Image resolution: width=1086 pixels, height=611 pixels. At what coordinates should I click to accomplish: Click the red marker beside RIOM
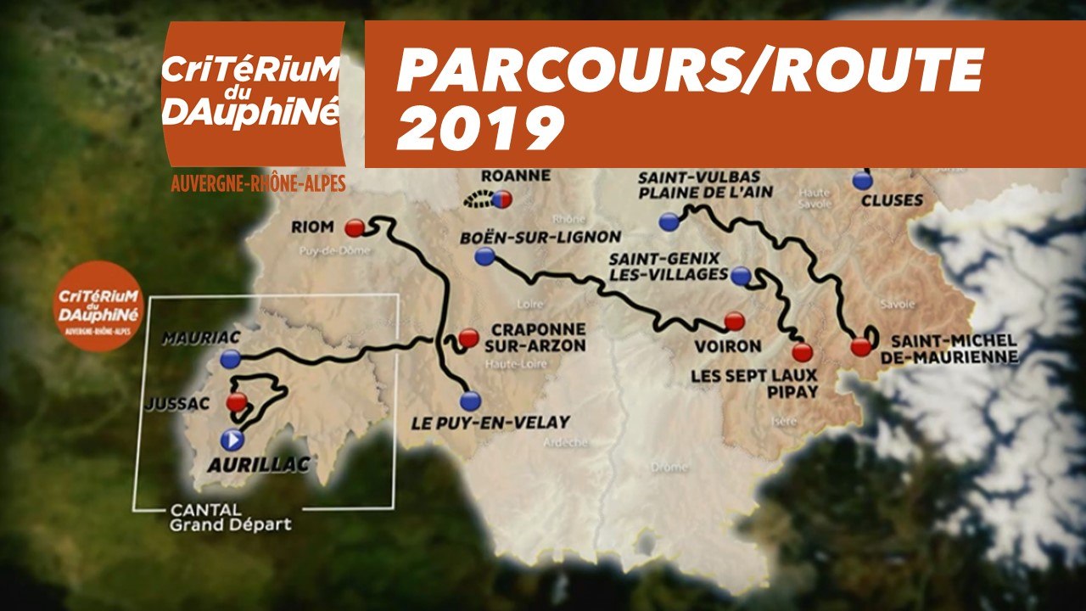[x=355, y=227]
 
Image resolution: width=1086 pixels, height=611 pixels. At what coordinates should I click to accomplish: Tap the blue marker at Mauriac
[x=230, y=360]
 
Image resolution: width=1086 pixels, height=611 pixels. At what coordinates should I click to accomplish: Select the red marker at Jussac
[x=237, y=401]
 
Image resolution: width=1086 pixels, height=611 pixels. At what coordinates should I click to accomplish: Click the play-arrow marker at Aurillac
[x=232, y=440]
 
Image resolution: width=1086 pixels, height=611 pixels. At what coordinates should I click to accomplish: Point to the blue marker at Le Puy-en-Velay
[x=470, y=401]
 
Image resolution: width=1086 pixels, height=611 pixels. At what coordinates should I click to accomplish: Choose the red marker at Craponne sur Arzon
[x=468, y=339]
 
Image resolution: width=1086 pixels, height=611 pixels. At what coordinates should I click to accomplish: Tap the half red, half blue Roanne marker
[x=501, y=199]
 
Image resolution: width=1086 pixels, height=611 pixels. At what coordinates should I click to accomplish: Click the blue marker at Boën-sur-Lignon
[x=485, y=256]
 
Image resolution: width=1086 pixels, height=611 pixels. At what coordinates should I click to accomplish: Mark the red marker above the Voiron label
[x=735, y=321]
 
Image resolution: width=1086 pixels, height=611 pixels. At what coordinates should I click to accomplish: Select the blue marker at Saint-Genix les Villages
[x=741, y=275]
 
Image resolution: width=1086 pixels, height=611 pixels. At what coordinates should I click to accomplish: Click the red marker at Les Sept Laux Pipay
[x=802, y=351]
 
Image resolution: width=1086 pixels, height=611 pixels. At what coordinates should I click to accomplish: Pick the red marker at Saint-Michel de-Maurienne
[x=861, y=345]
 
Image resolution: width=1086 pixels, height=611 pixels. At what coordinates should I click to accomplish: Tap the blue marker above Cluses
[x=863, y=180]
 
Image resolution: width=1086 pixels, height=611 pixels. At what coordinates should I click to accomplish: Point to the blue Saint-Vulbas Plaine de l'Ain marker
[x=669, y=222]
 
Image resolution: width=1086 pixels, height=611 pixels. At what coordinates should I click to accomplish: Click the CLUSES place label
[x=891, y=201]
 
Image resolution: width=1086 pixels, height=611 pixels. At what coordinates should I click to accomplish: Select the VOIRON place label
[x=727, y=346]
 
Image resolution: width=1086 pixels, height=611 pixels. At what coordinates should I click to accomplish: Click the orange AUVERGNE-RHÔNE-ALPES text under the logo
[x=258, y=183]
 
